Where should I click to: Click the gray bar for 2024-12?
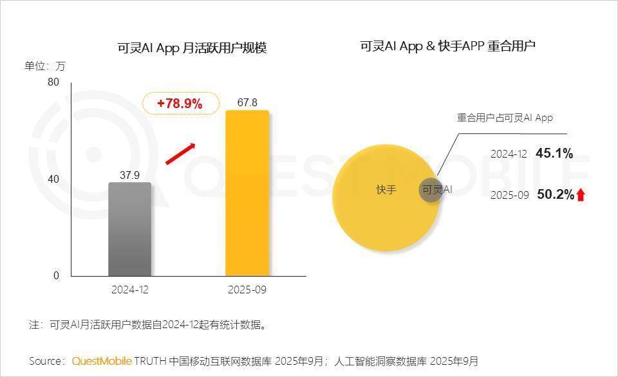(129, 229)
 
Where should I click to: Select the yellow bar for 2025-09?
(247, 193)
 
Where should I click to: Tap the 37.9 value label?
(129, 174)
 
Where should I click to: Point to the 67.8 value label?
(247, 102)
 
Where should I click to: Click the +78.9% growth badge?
(180, 103)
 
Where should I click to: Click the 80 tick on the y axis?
(53, 82)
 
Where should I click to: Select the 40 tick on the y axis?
(53, 179)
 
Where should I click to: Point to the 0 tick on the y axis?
(56, 275)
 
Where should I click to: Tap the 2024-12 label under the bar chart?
(129, 290)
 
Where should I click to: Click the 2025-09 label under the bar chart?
(247, 290)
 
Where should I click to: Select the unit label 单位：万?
(45, 66)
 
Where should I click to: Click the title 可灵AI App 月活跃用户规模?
(192, 48)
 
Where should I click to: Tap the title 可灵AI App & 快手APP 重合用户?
(448, 46)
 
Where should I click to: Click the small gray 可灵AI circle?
(431, 190)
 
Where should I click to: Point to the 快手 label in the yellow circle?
(386, 190)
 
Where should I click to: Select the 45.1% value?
(554, 153)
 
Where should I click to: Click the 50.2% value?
(555, 194)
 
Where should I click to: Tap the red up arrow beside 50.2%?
(581, 195)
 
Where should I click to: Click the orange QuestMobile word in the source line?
(102, 360)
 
